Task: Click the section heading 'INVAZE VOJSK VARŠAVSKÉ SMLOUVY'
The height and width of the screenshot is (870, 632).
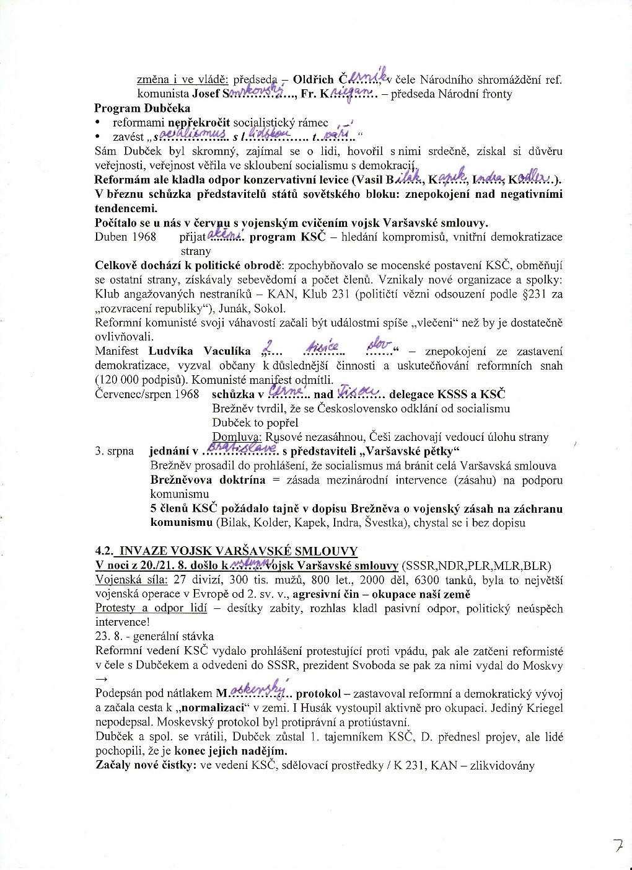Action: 238,551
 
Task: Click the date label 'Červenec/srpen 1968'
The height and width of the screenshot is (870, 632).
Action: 147,394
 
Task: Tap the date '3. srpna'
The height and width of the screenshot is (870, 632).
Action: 115,451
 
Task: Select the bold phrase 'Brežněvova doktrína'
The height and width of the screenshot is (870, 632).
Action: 208,480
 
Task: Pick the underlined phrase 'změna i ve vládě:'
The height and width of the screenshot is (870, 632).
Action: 182,80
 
